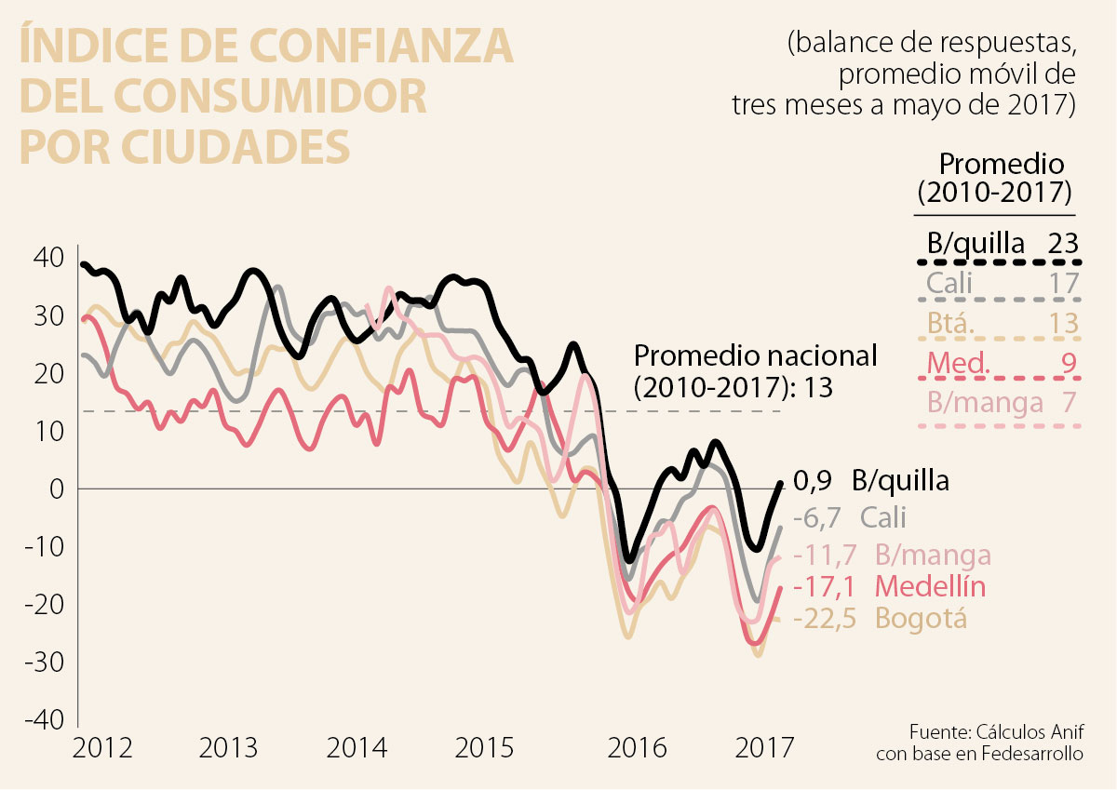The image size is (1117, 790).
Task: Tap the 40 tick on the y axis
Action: pyautogui.click(x=49, y=257)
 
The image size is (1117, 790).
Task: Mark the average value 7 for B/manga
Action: pyautogui.click(x=1069, y=403)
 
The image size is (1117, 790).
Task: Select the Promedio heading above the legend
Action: pyautogui.click(x=1002, y=165)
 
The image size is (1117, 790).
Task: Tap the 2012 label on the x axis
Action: pyautogui.click(x=103, y=748)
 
